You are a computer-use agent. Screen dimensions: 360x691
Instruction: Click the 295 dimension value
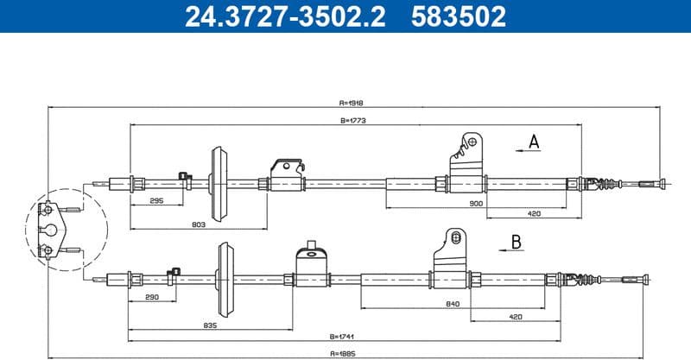(x=156, y=200)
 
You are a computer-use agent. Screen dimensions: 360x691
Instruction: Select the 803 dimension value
(x=198, y=224)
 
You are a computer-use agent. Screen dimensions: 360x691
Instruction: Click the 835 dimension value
(x=209, y=325)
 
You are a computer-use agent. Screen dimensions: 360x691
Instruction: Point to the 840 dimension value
(x=453, y=304)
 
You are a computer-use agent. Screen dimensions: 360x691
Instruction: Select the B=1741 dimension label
(x=344, y=338)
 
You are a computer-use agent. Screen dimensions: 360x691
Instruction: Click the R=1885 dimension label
(x=344, y=353)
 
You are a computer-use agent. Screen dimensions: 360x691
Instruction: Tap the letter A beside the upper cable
(x=535, y=141)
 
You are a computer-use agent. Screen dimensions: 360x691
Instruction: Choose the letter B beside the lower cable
(x=516, y=242)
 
